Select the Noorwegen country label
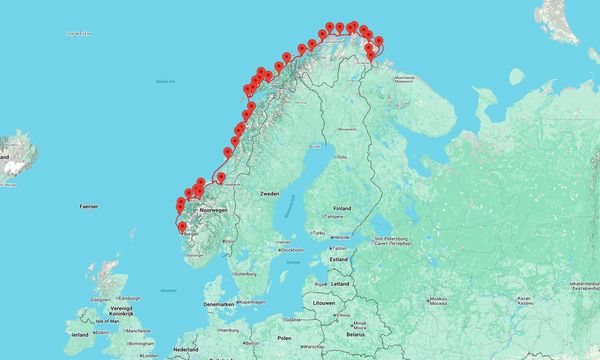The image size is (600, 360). pos(214,210)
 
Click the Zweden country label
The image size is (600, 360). pos(269,192)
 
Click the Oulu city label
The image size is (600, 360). pos(341,156)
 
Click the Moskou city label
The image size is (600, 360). pos(437,298)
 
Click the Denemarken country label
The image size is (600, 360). pos(219,303)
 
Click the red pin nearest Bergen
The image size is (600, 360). pos(181,228)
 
